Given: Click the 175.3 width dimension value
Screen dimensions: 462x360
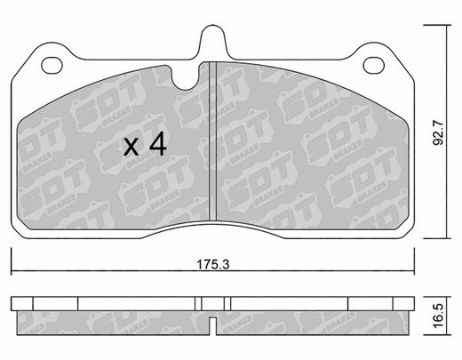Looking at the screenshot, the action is pyautogui.click(x=213, y=264).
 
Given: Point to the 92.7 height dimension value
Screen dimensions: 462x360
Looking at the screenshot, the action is pyautogui.click(x=438, y=132).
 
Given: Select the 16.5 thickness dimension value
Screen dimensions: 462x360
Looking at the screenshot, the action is pyautogui.click(x=438, y=316).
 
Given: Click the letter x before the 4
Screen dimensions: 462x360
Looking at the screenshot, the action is pyautogui.click(x=131, y=147).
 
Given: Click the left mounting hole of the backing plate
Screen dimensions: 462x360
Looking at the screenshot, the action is pyautogui.click(x=52, y=66).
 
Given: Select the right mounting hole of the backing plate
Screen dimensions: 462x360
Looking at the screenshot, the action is pyautogui.click(x=374, y=66).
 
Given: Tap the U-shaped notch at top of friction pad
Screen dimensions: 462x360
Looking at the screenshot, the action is pyautogui.click(x=185, y=77).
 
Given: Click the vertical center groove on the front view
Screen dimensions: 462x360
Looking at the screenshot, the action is pyautogui.click(x=213, y=141).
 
